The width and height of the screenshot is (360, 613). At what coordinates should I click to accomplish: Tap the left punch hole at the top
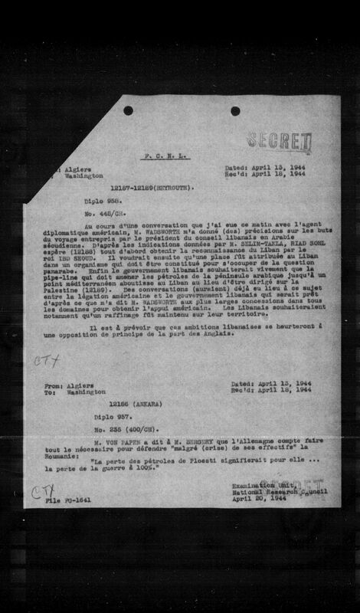(128, 110)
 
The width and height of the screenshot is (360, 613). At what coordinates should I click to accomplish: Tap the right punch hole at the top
(235, 110)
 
